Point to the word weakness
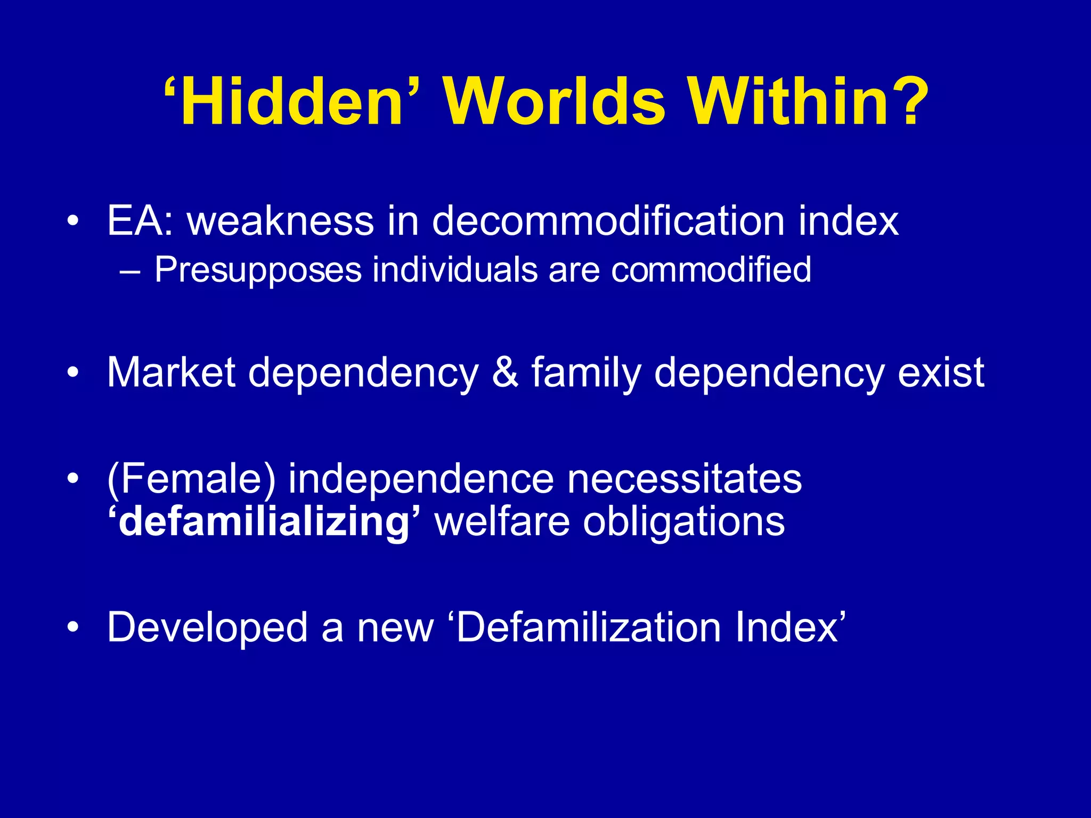280,220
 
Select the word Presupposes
258,270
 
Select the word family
586,372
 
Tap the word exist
941,372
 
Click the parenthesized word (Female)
192,479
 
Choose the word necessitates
684,479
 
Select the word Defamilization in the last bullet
589,627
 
